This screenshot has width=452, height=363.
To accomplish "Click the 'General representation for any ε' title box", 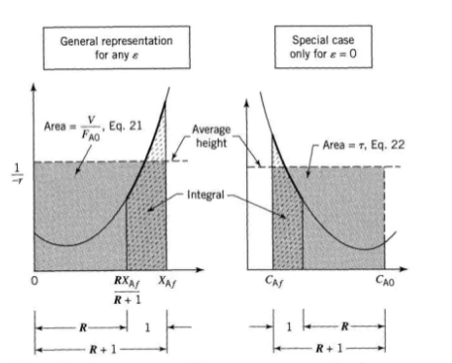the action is (x=117, y=47).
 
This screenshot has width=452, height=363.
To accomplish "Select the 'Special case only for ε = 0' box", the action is (x=323, y=46).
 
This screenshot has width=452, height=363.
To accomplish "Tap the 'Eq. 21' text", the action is (x=126, y=126).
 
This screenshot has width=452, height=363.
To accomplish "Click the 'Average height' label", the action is (x=212, y=136).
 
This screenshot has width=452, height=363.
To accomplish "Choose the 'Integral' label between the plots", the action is (x=206, y=195).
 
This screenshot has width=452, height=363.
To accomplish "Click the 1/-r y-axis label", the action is (x=17, y=174).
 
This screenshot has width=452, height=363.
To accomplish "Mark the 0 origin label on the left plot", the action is (x=35, y=281).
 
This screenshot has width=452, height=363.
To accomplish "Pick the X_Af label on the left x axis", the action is (x=167, y=281).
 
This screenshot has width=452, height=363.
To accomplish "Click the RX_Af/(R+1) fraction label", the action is (x=128, y=291).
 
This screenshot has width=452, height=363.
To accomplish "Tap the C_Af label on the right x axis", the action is (x=274, y=281).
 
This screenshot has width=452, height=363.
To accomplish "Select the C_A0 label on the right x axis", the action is (x=385, y=281).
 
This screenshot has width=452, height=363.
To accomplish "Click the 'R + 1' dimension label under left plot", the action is (x=103, y=349).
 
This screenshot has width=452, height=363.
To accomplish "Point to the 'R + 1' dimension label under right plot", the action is (x=329, y=348).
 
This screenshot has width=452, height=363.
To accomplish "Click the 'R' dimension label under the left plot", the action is (x=83, y=327).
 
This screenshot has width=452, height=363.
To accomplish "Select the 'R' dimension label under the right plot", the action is (x=345, y=326).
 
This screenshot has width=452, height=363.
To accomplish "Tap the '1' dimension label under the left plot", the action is (x=147, y=327).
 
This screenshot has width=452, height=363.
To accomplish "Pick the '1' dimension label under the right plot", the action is (x=289, y=326).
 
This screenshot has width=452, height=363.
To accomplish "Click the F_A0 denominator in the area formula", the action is (x=91, y=136).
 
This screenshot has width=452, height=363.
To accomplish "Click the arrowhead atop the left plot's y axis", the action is (x=33, y=87).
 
